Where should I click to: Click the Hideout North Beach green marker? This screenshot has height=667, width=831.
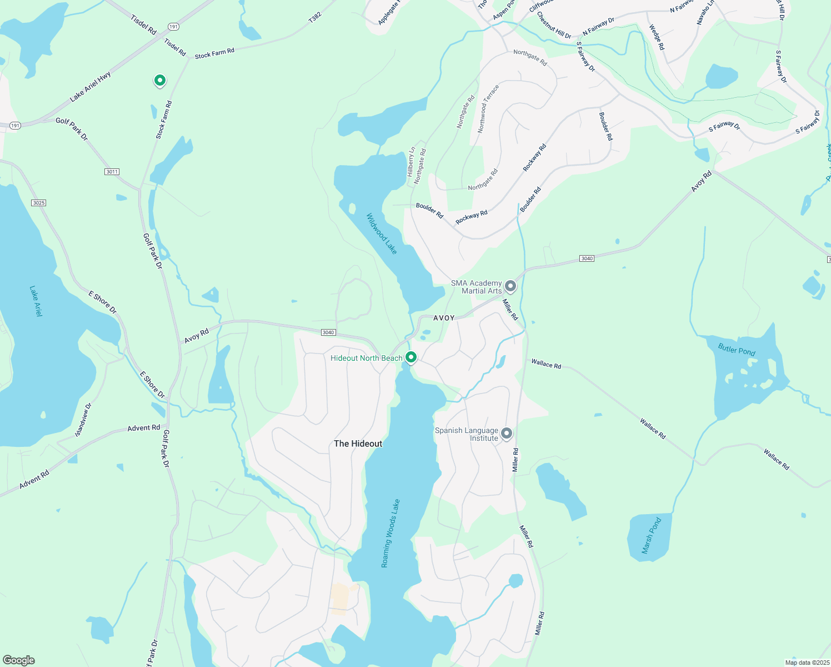pos(411,357)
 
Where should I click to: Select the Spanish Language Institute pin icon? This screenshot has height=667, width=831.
pos(506,433)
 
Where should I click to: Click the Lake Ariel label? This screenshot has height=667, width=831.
pos(36,301)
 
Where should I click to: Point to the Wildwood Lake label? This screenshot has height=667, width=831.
pos(382,234)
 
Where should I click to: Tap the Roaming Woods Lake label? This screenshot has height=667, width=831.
pos(391,534)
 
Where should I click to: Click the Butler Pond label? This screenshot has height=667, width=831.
pos(737,349)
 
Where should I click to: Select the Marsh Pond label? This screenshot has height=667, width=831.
pos(652,535)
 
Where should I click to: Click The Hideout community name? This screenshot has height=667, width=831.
pos(358,444)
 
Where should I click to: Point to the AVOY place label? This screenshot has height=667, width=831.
pos(444,318)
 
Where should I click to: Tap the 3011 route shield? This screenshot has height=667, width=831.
pos(112,172)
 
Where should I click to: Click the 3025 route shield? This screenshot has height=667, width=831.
pos(38,203)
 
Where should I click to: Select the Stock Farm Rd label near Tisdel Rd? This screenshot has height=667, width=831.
pos(214,53)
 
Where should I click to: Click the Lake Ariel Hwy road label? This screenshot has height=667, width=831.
pos(91,87)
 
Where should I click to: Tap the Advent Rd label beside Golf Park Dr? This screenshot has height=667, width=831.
pos(143,428)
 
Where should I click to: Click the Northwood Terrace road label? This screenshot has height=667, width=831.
pos(489,108)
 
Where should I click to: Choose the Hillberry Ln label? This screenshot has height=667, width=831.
pos(411,162)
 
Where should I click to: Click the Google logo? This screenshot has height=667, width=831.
pos(19,660)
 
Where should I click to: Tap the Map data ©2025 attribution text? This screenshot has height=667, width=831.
pos(807,663)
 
